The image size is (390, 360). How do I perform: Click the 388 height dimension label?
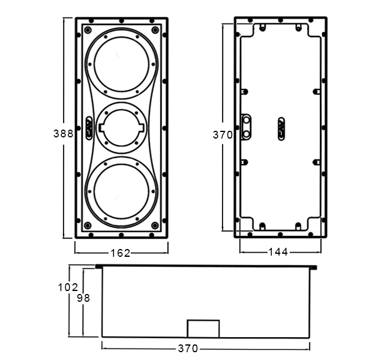pyautogui.click(x=64, y=134)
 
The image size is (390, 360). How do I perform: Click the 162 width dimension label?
pyautogui.click(x=121, y=253)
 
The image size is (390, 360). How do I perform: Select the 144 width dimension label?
pyautogui.click(x=278, y=252)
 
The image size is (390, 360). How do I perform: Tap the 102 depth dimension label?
pyautogui.click(x=68, y=287)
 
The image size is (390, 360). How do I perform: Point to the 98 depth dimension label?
pyautogui.click(x=83, y=298)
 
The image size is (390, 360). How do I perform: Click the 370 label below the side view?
pyautogui.click(x=188, y=349)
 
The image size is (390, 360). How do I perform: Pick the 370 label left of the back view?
pyautogui.click(x=223, y=135)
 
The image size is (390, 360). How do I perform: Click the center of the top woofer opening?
pyautogui.click(x=122, y=64)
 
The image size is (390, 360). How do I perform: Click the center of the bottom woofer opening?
pyautogui.click(x=122, y=191)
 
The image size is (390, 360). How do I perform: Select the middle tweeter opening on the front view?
pyautogui.click(x=122, y=128)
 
